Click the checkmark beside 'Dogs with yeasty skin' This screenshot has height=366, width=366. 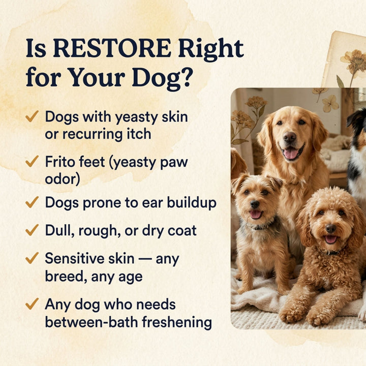click(x=32, y=117)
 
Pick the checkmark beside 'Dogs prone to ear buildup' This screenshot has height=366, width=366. click(x=32, y=202)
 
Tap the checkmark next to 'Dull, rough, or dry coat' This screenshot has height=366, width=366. click(x=32, y=230)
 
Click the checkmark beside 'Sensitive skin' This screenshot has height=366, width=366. click(x=32, y=258)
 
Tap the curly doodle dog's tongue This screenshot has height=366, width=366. click(x=331, y=238)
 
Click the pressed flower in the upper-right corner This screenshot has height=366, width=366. click(x=354, y=60)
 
